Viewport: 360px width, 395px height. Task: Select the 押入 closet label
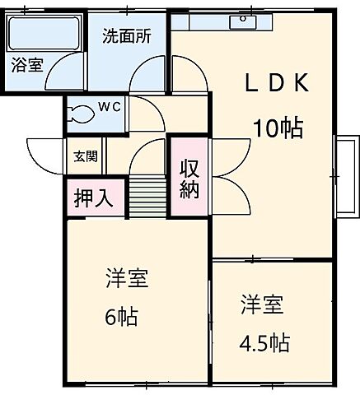coord(94,197)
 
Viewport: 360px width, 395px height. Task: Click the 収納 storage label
coord(189,177)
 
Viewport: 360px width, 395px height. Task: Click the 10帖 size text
coord(277,128)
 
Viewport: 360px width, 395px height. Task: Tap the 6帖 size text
coord(121,316)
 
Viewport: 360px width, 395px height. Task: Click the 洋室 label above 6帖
coord(126,278)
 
